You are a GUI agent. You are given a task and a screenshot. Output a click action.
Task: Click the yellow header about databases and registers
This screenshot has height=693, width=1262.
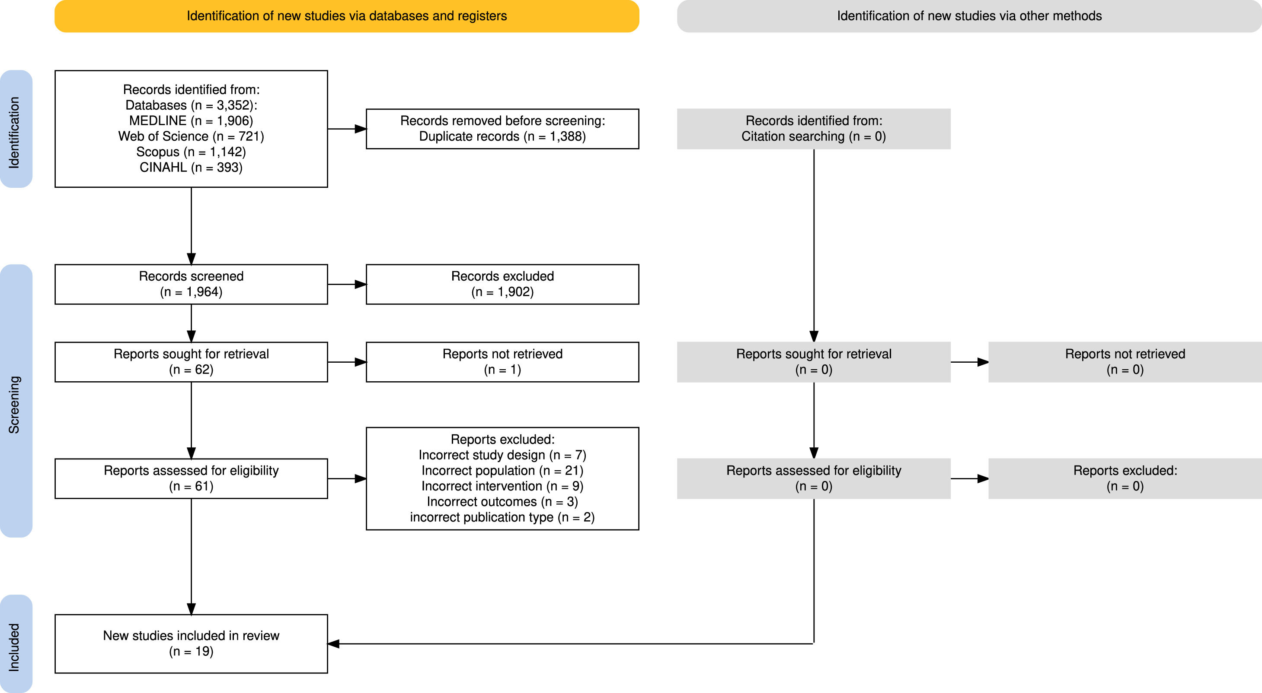tap(347, 16)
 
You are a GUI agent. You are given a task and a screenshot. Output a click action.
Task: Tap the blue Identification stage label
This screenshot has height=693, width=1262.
tap(16, 129)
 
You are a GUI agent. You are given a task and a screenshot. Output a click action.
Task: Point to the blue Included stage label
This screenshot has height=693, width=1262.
tap(16, 644)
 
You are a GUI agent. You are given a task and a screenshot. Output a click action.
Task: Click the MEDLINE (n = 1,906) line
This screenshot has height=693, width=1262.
tap(191, 120)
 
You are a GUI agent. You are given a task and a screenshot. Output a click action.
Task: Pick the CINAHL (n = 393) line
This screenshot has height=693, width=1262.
tap(191, 168)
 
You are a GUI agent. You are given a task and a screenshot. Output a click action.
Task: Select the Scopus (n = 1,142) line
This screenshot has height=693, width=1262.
tap(191, 152)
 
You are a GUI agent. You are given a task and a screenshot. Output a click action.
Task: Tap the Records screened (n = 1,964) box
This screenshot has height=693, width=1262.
tap(191, 285)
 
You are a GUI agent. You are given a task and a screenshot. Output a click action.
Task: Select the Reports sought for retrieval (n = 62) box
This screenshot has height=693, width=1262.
tap(191, 362)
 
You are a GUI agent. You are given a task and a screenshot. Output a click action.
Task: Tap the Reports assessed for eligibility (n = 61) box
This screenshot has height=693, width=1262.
tap(191, 479)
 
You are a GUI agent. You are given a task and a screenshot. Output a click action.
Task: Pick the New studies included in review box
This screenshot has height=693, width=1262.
tap(191, 644)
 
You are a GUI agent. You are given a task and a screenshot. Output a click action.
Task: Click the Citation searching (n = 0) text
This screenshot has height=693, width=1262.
tap(814, 136)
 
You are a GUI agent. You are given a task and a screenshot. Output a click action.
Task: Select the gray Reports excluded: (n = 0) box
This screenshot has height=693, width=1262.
tap(1125, 479)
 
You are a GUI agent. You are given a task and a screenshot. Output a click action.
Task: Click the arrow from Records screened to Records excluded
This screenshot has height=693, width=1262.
tap(347, 285)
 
